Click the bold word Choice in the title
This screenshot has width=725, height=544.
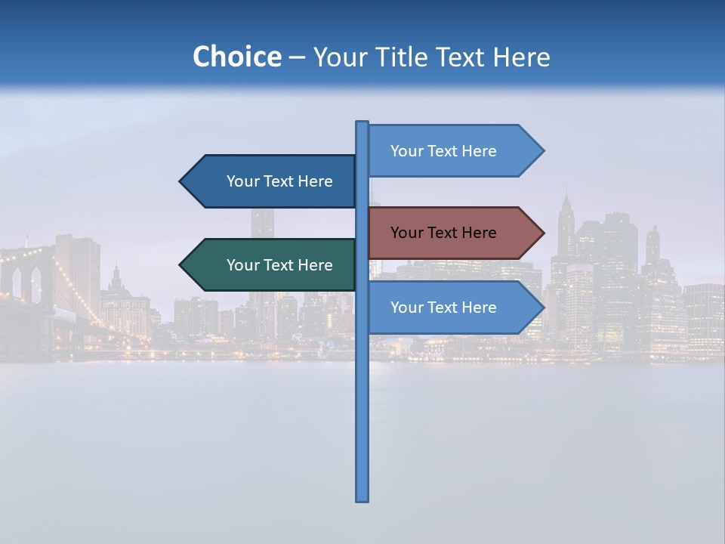coord(236,57)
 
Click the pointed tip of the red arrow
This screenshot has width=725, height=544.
coord(542,233)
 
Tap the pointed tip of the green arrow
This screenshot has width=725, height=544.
coord(181,265)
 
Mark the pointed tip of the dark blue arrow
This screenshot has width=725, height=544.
coord(181,181)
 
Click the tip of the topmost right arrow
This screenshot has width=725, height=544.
coord(542,151)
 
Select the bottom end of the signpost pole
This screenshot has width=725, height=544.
coord(362,499)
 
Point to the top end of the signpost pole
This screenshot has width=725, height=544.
coord(362,123)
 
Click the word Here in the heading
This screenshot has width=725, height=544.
coord(521,57)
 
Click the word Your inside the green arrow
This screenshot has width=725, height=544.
coord(242,265)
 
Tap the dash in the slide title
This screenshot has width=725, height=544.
coord(297,57)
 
